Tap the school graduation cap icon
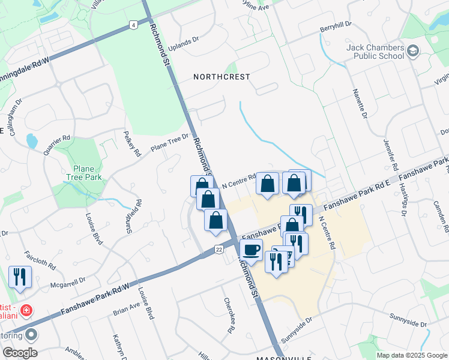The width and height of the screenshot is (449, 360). click(412, 52)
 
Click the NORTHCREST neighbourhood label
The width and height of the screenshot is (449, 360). click(221, 77)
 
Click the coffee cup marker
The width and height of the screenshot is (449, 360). click(251, 249)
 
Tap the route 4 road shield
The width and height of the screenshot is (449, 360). click(133, 25)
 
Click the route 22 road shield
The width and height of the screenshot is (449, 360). click(218, 248)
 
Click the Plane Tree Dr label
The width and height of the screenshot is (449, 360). click(169, 143)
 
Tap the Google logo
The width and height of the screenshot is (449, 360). click(19, 353)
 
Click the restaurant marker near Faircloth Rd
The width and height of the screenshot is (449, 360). click(20, 277)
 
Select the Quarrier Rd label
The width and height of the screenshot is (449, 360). click(56, 146)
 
